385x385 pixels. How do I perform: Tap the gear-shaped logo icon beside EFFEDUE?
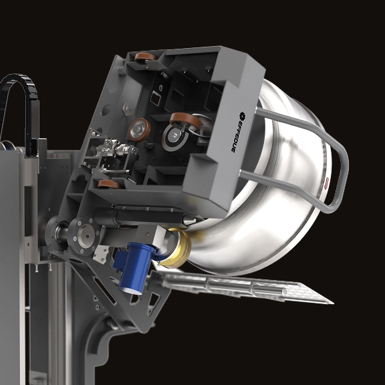(x=241, y=115)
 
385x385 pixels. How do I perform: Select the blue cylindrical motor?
(x=135, y=267)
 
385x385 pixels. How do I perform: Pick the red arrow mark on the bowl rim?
(x=327, y=182)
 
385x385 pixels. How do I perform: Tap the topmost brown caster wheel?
(x=146, y=57)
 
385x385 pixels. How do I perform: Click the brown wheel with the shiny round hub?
(x=140, y=130)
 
